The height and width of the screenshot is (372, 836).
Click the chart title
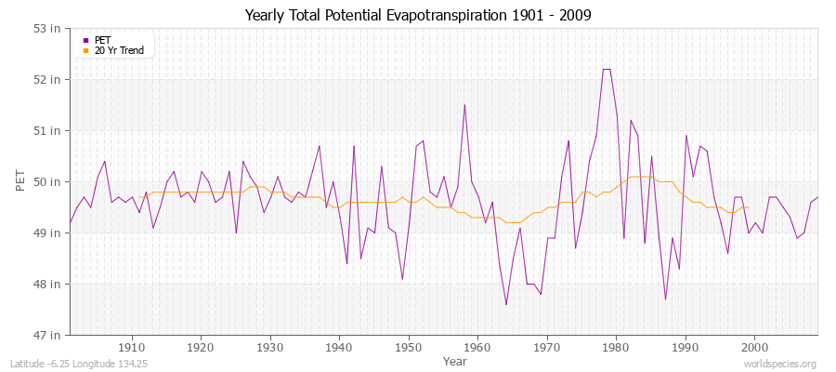coord(418,15)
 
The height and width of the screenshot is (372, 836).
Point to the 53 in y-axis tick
coord(48,28)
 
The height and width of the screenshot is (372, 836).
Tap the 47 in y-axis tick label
coord(48,335)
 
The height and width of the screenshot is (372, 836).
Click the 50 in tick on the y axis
coord(48,181)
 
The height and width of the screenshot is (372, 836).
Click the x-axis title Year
coord(455,360)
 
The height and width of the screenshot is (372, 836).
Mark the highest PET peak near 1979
coord(606,69)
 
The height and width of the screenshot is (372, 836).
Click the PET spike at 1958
coord(464,104)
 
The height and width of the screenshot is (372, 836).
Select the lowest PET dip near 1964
coord(506,304)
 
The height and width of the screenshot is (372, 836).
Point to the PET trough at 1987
coord(665,299)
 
